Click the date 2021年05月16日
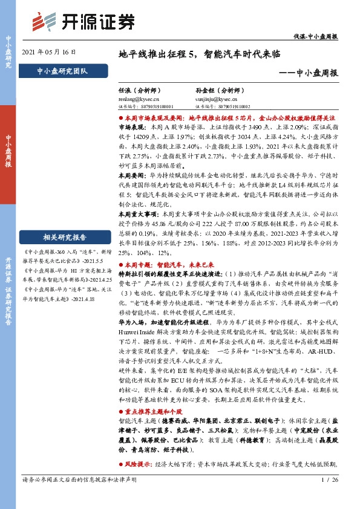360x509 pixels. coord(49,53)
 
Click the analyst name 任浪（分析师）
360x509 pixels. coord(140,88)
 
